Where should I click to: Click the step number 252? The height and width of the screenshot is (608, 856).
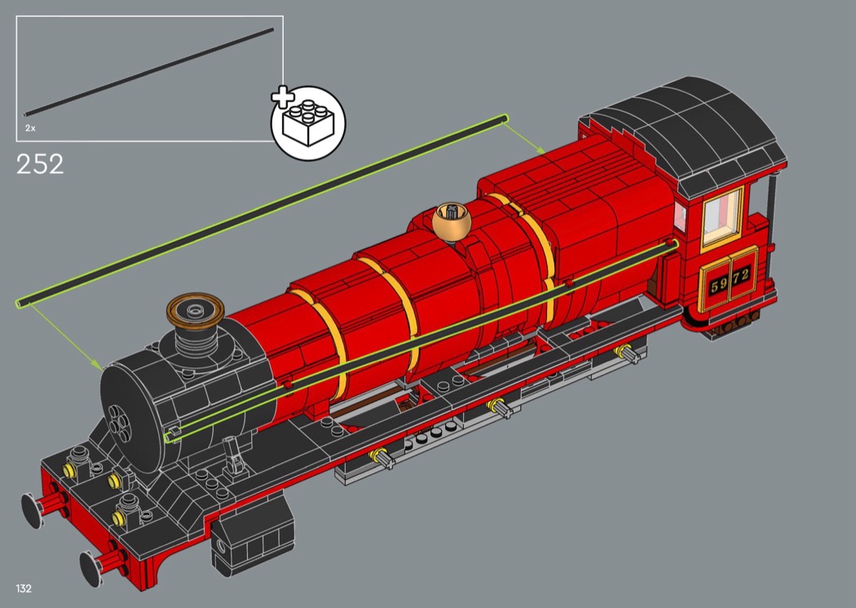40,164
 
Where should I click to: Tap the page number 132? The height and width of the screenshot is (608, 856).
24,588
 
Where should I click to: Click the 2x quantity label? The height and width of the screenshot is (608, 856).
30,128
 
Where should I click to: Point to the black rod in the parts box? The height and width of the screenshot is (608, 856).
148,72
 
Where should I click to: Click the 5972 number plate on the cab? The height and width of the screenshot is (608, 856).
730,280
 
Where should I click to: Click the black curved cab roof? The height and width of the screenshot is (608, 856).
689,132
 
